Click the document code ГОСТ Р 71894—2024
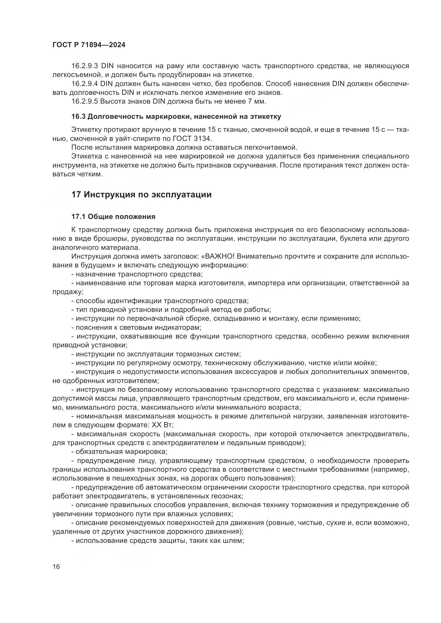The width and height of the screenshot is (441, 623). point(89,45)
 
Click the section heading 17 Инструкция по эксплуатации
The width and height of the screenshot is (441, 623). point(141,194)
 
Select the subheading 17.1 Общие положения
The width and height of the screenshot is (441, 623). point(113,217)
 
